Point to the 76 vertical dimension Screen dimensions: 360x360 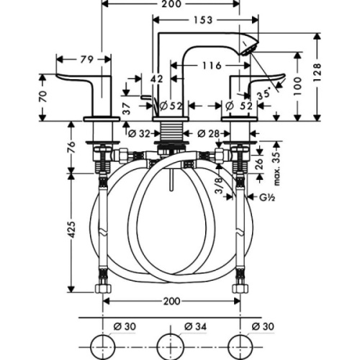click(x=70, y=148)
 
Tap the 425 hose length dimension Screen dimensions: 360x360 click(x=70, y=231)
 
